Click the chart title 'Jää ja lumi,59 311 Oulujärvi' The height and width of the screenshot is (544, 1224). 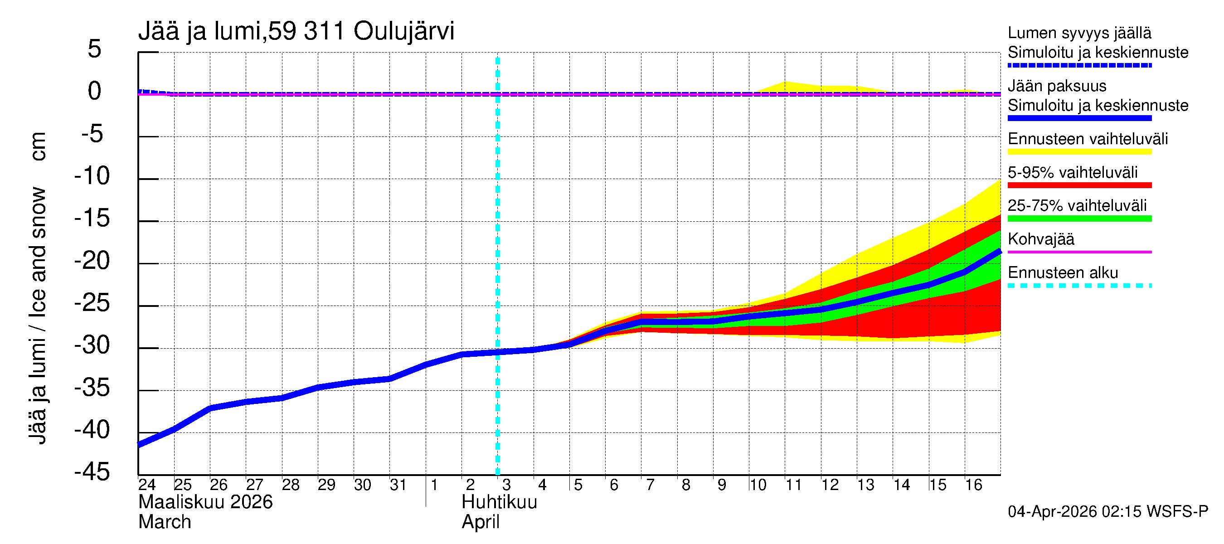click(296, 31)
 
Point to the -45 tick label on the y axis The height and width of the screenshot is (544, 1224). click(92, 472)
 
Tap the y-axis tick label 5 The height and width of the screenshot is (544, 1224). click(95, 49)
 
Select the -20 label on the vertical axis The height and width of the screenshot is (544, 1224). click(92, 261)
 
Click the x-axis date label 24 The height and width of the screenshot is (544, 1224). click(147, 485)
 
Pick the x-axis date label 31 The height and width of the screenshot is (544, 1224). click(398, 485)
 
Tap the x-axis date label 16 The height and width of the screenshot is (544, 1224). click(974, 485)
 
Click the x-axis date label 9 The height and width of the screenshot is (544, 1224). click(722, 485)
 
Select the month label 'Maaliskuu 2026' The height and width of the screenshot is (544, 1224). click(205, 502)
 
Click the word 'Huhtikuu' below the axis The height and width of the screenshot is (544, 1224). click(500, 502)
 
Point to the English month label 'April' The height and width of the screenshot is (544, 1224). click(481, 522)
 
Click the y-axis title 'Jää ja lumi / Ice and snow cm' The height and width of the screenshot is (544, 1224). click(38, 288)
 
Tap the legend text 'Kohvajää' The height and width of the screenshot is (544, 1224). click(1040, 239)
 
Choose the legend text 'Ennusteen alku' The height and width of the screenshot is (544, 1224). click(1063, 273)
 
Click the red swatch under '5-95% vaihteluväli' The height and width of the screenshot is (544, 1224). click(1079, 185)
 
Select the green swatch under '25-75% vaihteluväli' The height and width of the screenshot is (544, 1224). click(1079, 219)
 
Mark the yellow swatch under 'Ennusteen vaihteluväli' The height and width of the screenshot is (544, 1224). click(1079, 152)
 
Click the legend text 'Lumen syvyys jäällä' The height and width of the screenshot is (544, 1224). click(1079, 33)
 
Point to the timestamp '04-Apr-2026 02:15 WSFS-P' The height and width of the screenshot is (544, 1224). click(1107, 512)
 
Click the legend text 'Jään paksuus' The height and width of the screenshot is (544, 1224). click(1057, 86)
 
